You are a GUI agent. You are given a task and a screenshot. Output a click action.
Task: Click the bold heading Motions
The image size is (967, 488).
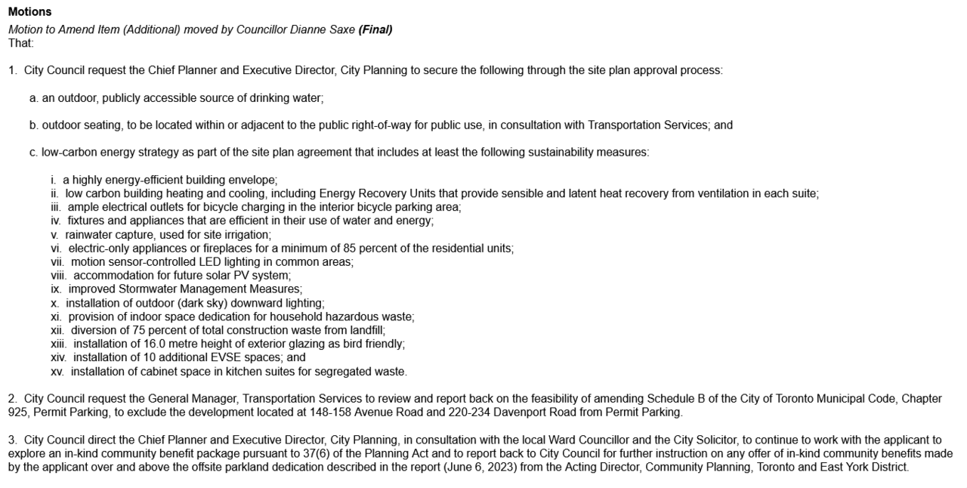pyautogui.click(x=29, y=12)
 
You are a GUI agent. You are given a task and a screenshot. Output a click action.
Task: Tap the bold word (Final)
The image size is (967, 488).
pyautogui.click(x=375, y=29)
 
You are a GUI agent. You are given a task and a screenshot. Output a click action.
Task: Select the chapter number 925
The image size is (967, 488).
pyautogui.click(x=18, y=412)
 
